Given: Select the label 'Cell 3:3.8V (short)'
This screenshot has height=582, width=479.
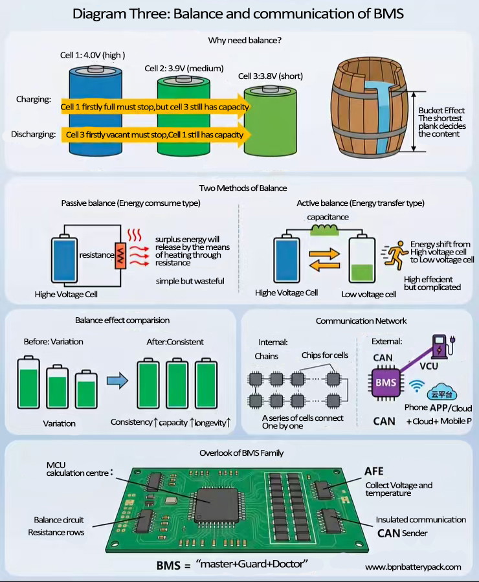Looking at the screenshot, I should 271,76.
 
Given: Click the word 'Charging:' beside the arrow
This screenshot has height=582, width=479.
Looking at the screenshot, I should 34,100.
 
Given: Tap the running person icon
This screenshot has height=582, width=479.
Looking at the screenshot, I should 393,255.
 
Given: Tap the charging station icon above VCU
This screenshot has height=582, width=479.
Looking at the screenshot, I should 441,347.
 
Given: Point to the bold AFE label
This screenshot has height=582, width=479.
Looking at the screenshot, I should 375,471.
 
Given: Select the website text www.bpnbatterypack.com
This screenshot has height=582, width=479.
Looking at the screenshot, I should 413,567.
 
